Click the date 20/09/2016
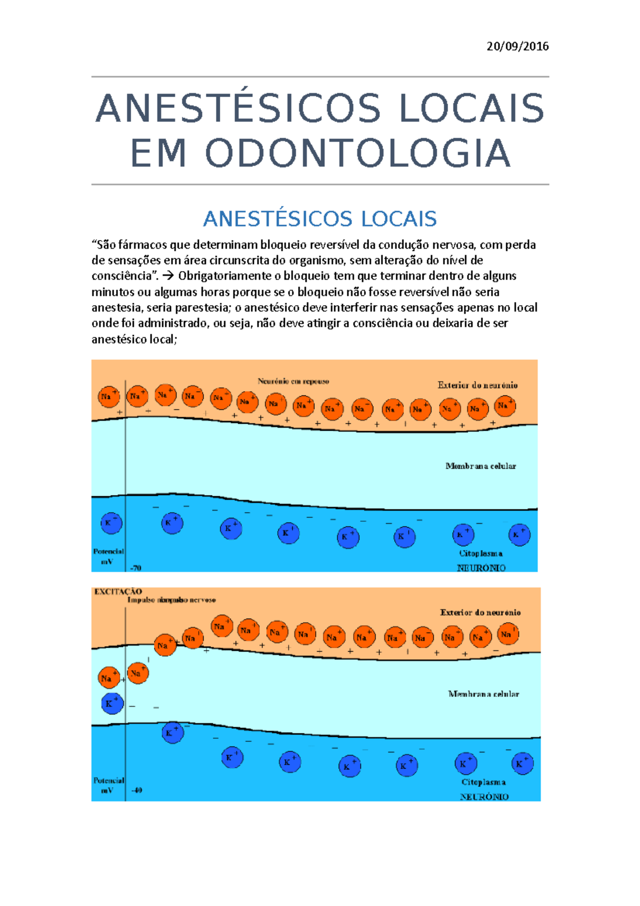(x=517, y=46)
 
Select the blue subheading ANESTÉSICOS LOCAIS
(x=320, y=219)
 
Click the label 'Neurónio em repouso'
(x=293, y=382)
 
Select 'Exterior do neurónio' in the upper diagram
(x=477, y=385)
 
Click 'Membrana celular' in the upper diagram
(x=481, y=466)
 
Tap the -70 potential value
(x=136, y=568)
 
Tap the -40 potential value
(x=137, y=790)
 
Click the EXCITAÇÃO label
(x=118, y=591)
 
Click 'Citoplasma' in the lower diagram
(x=483, y=782)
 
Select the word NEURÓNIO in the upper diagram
(x=481, y=568)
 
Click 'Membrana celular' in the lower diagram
(x=483, y=694)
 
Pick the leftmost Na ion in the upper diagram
(x=109, y=397)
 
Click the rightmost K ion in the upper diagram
(x=519, y=535)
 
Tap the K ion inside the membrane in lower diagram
(x=112, y=704)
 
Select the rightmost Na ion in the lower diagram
(x=507, y=634)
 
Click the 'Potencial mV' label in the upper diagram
(x=108, y=557)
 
